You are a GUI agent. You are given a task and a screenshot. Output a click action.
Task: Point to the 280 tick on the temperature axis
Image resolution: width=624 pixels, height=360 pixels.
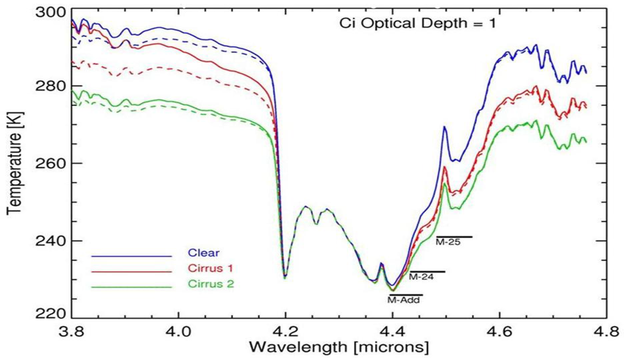pos(51,86)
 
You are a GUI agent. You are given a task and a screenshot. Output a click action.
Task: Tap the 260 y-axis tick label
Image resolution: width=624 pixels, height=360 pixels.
pos(51,163)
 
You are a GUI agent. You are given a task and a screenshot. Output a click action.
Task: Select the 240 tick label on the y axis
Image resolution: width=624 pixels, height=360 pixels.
pos(51,241)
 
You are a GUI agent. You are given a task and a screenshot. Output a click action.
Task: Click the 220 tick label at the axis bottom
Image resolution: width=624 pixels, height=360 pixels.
pos(51,315)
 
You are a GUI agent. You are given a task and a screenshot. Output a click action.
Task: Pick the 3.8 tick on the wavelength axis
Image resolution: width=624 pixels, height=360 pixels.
pos(72,332)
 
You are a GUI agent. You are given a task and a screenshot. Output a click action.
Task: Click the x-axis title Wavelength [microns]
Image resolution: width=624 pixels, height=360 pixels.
pos(339,348)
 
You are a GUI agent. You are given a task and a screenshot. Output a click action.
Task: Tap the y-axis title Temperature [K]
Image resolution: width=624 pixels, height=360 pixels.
pos(13,163)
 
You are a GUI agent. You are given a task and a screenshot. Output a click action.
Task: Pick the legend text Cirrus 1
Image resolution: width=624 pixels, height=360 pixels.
pos(207,268)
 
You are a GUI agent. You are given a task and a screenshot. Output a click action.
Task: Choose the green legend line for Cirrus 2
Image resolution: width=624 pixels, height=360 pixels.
pos(131,285)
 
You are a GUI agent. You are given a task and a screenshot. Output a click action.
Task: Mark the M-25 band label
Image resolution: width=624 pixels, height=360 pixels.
pos(447,242)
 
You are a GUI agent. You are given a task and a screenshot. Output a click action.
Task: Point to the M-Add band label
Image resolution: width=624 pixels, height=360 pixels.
pos(404,300)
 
